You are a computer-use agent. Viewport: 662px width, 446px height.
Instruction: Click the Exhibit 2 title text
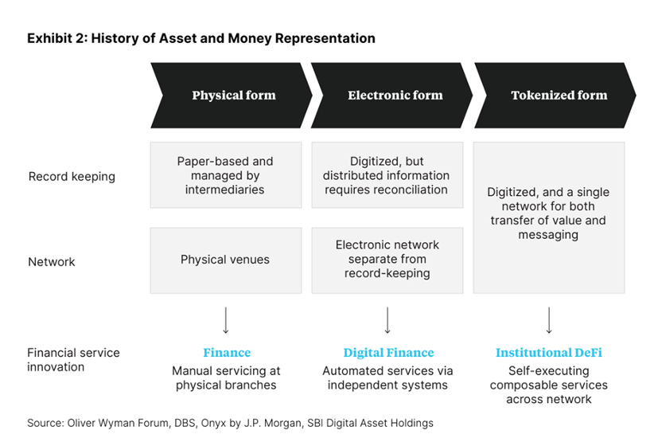click(201, 38)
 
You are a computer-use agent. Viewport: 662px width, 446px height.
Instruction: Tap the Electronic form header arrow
click(395, 96)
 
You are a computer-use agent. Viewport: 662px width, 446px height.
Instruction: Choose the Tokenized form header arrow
click(559, 96)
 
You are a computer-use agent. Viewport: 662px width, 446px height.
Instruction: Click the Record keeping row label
click(72, 177)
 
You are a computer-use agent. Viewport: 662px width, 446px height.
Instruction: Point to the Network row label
click(52, 261)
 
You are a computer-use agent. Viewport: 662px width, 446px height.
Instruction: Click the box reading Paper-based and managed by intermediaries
click(226, 175)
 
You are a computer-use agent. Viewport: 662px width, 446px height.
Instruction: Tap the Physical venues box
click(226, 260)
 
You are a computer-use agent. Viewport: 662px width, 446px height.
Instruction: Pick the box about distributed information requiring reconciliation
click(388, 175)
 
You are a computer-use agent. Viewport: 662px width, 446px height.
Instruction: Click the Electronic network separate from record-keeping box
click(388, 260)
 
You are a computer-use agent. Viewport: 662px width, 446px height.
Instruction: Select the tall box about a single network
click(549, 217)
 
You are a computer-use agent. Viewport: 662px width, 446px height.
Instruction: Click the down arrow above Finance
click(226, 320)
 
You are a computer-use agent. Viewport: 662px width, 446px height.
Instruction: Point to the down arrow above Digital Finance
click(388, 320)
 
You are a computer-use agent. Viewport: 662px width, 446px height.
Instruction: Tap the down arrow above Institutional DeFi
click(549, 320)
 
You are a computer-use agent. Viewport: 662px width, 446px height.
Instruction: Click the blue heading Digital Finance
click(388, 353)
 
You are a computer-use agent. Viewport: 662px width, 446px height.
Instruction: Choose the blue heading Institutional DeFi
click(549, 353)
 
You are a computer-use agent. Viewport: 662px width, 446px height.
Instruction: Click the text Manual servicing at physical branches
click(226, 378)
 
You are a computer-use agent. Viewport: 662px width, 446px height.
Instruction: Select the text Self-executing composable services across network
click(549, 385)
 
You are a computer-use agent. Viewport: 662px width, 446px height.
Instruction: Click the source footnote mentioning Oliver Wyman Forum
click(231, 423)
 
